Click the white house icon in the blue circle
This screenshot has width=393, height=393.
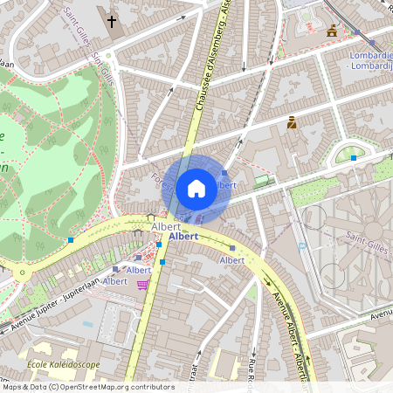196,188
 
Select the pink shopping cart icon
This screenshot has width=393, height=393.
142,285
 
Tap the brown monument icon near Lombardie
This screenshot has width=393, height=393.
332,31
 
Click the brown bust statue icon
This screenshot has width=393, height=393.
292,123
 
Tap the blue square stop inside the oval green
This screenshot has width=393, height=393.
353,158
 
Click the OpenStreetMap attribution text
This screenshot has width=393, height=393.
87,386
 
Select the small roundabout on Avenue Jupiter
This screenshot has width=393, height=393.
21,273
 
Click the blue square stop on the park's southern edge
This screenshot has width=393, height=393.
70,239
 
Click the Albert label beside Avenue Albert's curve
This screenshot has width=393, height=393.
232,260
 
